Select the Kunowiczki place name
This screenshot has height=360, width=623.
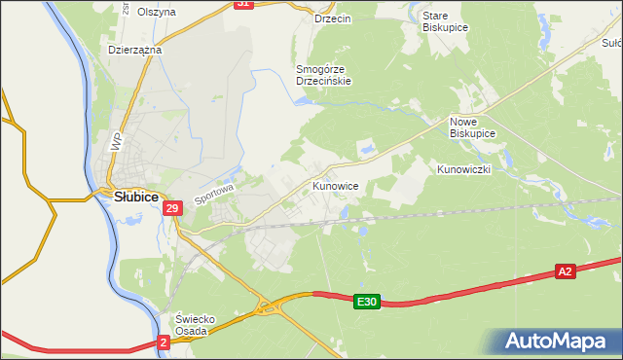[464, 169]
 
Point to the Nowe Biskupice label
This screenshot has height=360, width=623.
[472, 126]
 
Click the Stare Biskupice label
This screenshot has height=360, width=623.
[446, 21]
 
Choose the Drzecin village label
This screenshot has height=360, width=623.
[333, 18]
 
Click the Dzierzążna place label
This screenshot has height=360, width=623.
[134, 49]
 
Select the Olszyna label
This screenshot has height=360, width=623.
[157, 12]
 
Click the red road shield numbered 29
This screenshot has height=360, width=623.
[172, 208]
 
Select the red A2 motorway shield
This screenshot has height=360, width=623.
[566, 272]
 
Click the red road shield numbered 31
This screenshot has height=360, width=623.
[243, 4]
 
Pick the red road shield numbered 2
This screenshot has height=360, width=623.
[164, 342]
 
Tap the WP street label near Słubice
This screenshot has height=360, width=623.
[118, 141]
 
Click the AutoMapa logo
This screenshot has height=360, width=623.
[555, 341]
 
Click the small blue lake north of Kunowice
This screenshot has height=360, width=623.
[368, 149]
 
